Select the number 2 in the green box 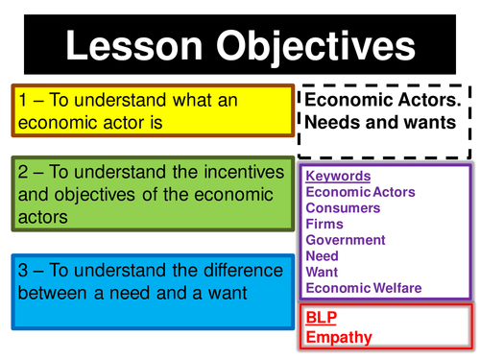tap(23, 173)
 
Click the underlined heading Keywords tap(337, 177)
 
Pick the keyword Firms tap(324, 225)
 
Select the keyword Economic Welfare tap(364, 288)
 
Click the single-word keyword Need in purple tap(322, 256)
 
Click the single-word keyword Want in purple tap(322, 273)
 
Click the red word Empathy tap(338, 336)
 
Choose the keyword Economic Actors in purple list tap(360, 192)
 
